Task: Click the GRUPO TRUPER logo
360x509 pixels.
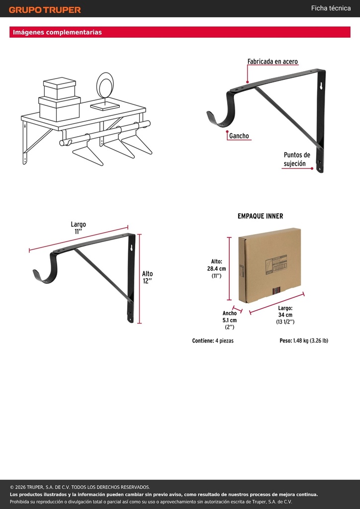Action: [x=45, y=10]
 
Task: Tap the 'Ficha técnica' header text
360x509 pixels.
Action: [x=331, y=8]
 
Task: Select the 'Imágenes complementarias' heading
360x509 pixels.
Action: [x=57, y=32]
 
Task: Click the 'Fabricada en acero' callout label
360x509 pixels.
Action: [x=272, y=61]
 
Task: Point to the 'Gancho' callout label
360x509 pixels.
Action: [x=239, y=136]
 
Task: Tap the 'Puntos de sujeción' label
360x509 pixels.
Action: [x=297, y=159]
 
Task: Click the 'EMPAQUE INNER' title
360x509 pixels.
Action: [x=261, y=216]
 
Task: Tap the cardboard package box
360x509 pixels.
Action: [x=270, y=265]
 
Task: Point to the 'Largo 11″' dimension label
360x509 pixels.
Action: [x=78, y=228]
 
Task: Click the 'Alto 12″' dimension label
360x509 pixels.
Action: [x=147, y=277]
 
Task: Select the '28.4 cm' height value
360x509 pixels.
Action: [x=216, y=268]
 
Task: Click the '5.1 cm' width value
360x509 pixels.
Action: [x=230, y=320]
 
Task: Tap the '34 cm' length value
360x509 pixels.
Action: [x=285, y=315]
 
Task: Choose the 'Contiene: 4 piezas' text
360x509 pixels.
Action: [x=213, y=340]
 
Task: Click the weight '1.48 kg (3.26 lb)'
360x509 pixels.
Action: [x=310, y=340]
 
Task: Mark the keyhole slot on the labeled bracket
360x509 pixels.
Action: [x=320, y=86]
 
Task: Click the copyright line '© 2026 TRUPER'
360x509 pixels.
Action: [x=80, y=487]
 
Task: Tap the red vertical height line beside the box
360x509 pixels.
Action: [x=230, y=269]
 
